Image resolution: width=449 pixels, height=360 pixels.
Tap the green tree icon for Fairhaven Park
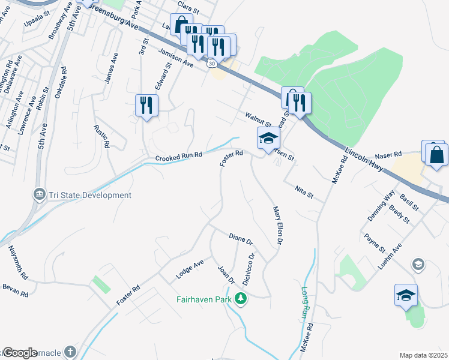point(241,298)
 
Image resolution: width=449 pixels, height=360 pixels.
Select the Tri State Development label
point(89,195)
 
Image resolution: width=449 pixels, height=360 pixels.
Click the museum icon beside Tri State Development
point(39,194)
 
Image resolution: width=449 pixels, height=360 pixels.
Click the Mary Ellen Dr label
point(278,226)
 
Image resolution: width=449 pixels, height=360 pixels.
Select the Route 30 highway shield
point(211,62)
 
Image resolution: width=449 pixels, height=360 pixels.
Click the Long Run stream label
point(304,303)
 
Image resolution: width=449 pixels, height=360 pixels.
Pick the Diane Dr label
point(241,238)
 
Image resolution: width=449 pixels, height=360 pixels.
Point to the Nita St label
point(305,192)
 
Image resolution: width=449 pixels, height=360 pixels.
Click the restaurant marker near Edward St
point(146,106)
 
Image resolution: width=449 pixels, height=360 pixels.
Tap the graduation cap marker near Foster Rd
point(268,139)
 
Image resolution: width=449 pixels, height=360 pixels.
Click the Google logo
point(20,353)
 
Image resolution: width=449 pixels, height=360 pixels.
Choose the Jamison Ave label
point(176,58)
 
